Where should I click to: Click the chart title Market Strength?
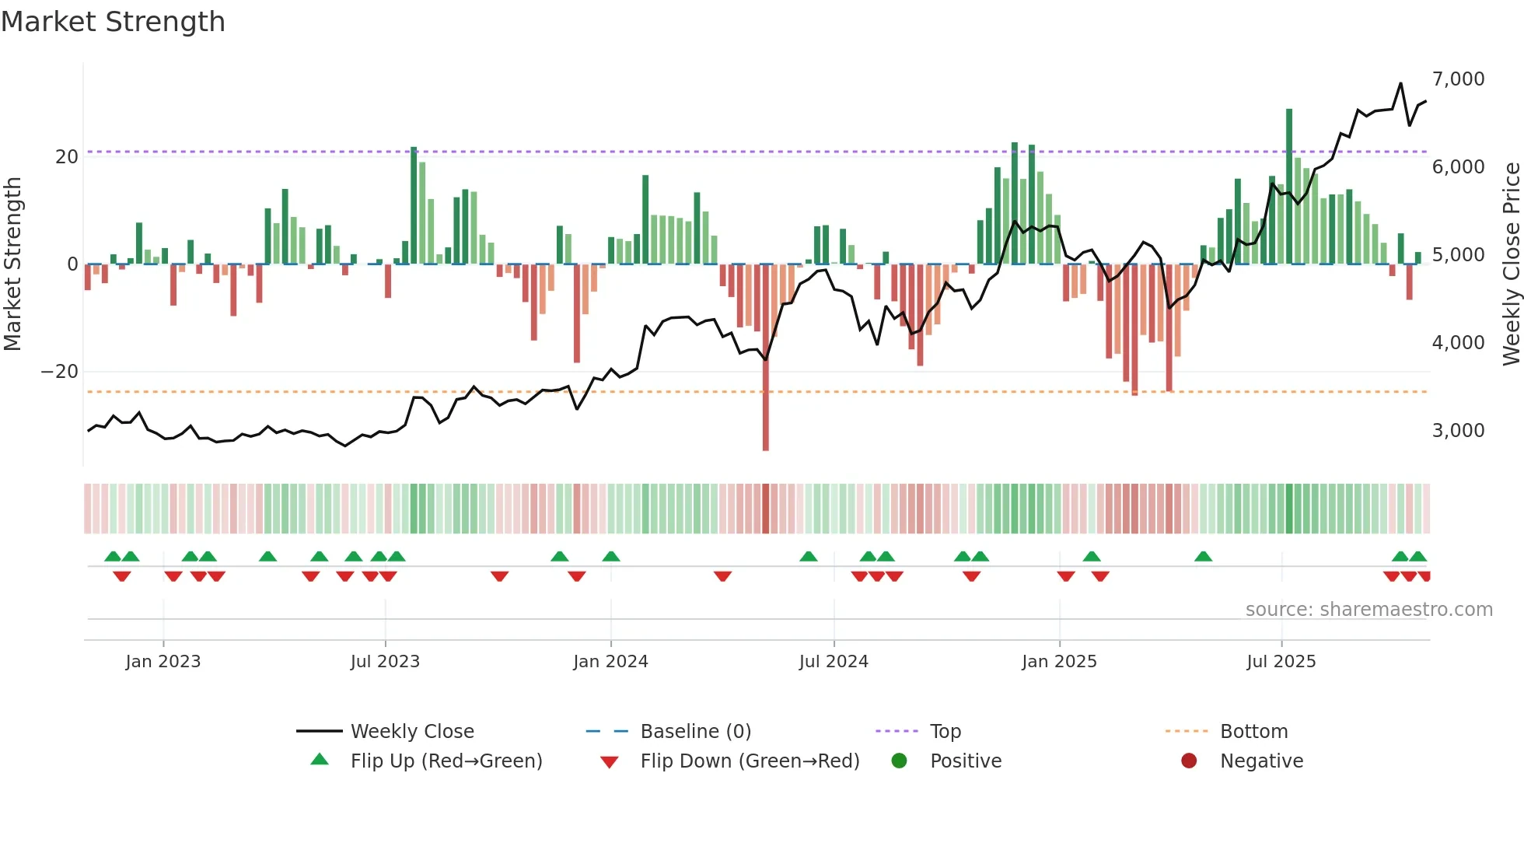pos(113,22)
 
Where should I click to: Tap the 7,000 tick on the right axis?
pos(1458,79)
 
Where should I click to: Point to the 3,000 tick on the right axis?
pos(1458,430)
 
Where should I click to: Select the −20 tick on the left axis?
pos(60,372)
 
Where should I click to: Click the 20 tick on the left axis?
pos(67,156)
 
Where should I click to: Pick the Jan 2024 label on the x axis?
pos(610,662)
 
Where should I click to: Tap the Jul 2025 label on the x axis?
pos(1281,662)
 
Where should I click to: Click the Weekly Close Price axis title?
pos(1511,263)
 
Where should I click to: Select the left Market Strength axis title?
pos(13,263)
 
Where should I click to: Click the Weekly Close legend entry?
pos(411,731)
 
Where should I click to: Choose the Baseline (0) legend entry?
pos(695,731)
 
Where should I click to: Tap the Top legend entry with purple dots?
pos(945,731)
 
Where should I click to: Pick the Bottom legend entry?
pos(1253,731)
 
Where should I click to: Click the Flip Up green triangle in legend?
pos(320,760)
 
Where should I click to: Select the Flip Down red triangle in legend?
pos(610,761)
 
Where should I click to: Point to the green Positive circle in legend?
pos(899,761)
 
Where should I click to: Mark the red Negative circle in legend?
pos(1189,761)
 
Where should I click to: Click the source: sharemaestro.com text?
pos(1368,610)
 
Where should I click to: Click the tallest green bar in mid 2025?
pos(1289,187)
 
